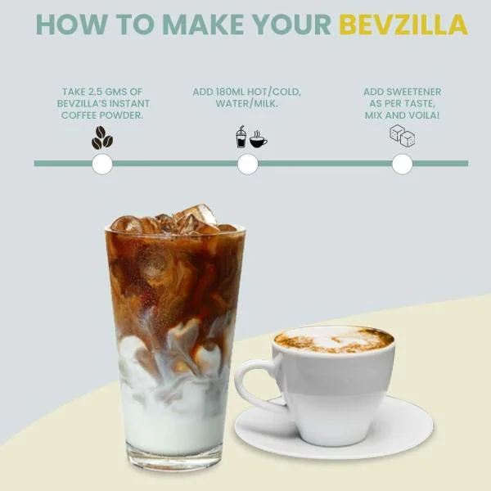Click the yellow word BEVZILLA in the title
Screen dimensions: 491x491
point(403,25)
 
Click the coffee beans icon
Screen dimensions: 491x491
point(102,137)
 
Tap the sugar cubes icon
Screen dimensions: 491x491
point(402,136)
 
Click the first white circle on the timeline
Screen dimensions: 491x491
point(102,164)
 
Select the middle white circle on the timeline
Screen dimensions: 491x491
point(248,164)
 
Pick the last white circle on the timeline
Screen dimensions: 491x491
point(402,164)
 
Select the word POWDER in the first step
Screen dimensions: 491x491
point(123,115)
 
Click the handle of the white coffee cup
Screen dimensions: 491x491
point(250,385)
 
